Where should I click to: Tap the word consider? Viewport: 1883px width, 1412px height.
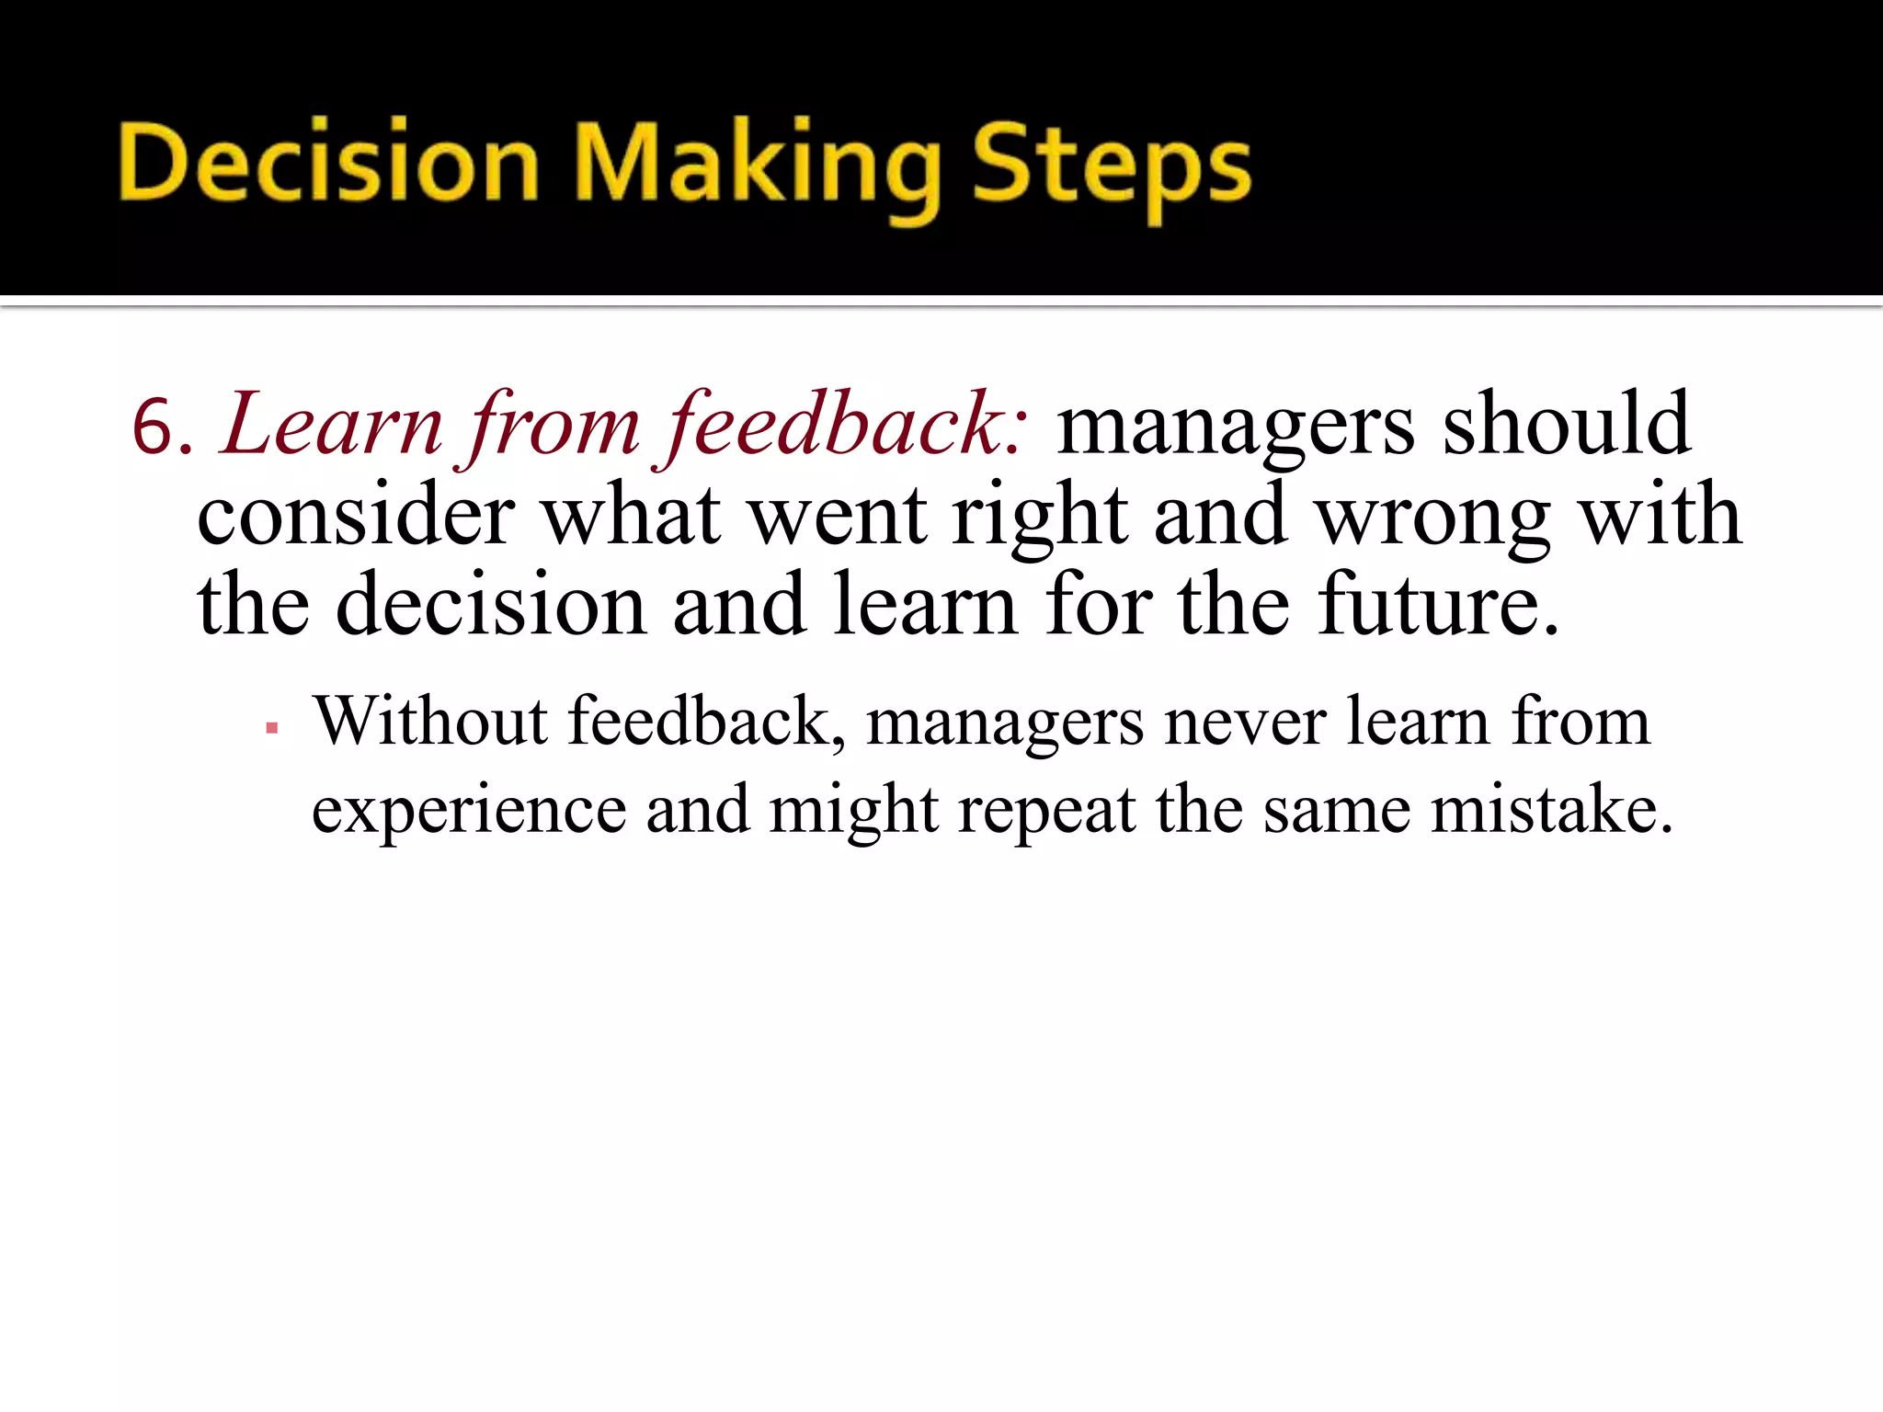coord(356,517)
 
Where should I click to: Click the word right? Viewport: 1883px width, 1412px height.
coord(1039,517)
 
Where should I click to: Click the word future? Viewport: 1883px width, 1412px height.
coord(1438,605)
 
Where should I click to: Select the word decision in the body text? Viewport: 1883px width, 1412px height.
coord(491,605)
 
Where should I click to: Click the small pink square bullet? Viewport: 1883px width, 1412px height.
coord(271,728)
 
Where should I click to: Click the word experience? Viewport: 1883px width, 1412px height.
coord(469,811)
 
